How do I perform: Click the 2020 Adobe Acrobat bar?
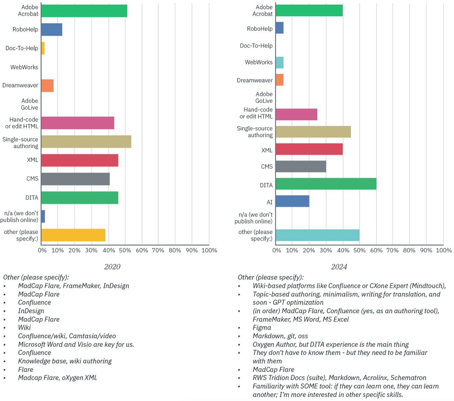click(84, 11)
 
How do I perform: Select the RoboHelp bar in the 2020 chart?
click(52, 30)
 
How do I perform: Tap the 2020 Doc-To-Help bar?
click(43, 48)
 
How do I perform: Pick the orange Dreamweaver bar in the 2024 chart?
click(280, 80)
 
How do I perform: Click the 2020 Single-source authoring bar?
click(86, 141)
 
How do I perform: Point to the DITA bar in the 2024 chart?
click(326, 184)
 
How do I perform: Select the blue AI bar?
click(292, 201)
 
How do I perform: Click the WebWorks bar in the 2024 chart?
click(280, 62)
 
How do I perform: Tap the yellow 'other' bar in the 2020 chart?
click(73, 235)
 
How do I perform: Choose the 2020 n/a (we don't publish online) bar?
click(43, 216)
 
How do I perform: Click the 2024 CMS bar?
click(301, 166)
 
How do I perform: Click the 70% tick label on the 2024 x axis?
click(393, 250)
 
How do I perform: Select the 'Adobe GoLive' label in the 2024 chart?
click(264, 98)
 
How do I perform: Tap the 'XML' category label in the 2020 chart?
click(33, 160)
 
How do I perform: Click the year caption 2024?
click(339, 267)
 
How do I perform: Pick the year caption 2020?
click(112, 267)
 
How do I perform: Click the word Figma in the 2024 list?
click(262, 328)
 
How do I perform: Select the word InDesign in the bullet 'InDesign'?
click(31, 311)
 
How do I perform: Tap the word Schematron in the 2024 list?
click(408, 378)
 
